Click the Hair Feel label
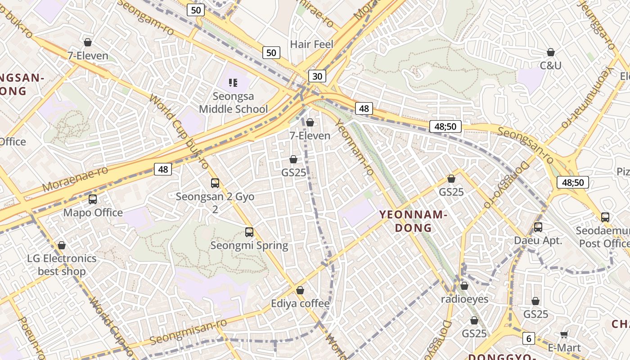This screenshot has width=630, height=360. [312, 44]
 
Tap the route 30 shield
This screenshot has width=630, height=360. [317, 76]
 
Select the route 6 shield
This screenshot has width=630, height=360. [529, 338]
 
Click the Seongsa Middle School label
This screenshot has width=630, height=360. [233, 103]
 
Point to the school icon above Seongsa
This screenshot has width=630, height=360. [233, 82]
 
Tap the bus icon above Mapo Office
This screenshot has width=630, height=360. [93, 199]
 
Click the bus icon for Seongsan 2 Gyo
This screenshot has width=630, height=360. [215, 183]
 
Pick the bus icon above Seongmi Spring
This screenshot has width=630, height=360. [249, 232]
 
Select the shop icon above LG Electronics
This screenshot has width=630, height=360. [62, 245]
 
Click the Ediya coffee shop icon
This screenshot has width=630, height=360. [300, 290]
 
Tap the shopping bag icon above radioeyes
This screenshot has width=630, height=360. [464, 286]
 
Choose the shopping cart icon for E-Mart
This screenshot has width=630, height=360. [564, 335]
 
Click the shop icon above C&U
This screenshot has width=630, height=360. [551, 52]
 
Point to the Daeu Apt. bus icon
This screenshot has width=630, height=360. [538, 227]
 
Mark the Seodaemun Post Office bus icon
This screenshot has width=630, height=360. [605, 217]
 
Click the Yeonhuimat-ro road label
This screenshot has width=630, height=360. [588, 97]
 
